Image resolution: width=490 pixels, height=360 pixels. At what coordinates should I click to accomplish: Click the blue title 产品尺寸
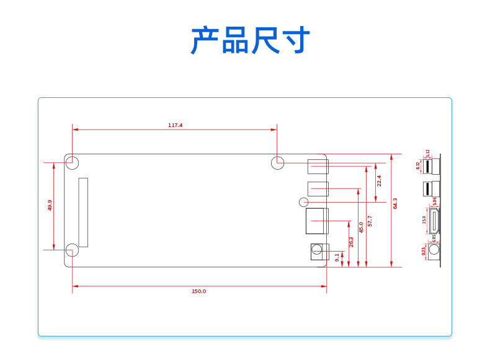point(250,41)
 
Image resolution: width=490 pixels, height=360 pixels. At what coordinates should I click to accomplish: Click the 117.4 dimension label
point(176,125)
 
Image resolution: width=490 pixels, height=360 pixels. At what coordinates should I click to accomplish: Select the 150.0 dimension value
point(198,291)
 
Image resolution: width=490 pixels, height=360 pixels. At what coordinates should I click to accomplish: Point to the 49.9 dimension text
point(50,205)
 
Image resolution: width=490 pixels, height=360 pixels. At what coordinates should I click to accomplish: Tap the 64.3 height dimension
point(395,203)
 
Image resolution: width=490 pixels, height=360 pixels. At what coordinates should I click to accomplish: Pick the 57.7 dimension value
point(370,221)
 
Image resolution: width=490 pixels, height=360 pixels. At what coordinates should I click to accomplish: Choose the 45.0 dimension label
point(361,227)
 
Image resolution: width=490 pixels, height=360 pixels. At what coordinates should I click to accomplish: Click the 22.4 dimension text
point(379,181)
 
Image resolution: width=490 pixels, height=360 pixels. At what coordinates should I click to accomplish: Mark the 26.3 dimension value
point(351,242)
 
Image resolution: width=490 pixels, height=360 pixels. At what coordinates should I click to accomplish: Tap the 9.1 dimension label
point(337,257)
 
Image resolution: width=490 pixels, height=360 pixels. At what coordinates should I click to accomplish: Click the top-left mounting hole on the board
point(73,163)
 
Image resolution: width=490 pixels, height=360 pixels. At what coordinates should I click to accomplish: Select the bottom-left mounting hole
point(73,250)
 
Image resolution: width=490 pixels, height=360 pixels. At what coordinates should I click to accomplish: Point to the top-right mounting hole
point(278,163)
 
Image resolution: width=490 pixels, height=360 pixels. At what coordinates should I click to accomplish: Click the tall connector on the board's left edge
point(83,212)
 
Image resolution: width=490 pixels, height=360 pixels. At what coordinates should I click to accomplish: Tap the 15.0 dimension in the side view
point(425,219)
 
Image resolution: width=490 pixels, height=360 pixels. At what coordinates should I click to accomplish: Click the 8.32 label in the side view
point(418,165)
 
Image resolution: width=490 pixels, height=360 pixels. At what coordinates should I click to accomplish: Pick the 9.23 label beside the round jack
point(424,251)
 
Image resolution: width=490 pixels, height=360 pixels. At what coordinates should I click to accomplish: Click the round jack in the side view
point(434,250)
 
